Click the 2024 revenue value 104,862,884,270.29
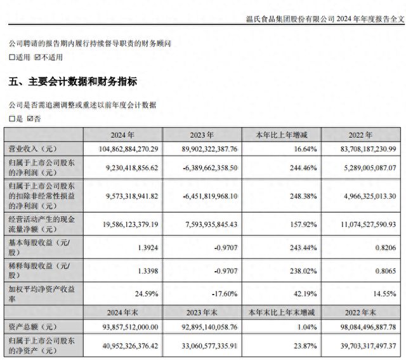[128, 149]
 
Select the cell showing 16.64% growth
[305, 149]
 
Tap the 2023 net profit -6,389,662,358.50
[210, 168]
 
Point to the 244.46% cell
[303, 168]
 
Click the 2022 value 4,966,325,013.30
[370, 196]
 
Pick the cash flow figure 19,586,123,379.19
[131, 225]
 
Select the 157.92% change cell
[303, 225]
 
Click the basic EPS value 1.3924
[148, 248]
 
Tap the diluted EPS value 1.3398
[148, 271]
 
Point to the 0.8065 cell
[386, 271]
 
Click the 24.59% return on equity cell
[147, 294]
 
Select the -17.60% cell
[225, 294]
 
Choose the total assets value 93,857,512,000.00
[130, 327]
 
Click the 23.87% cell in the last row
[305, 346]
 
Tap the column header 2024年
[122, 135]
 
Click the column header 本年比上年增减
[282, 135]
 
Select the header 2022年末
[360, 312]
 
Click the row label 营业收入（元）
[32, 149]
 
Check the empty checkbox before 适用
[12, 57]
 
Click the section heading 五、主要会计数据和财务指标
[73, 82]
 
